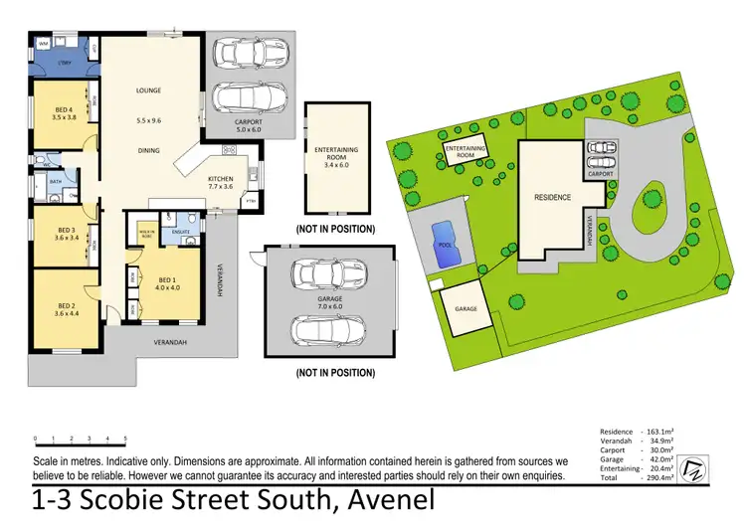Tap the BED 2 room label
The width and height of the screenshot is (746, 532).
(67, 305)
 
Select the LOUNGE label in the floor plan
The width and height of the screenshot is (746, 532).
(148, 90)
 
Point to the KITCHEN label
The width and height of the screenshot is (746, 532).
(220, 178)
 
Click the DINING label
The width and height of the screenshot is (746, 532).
(148, 151)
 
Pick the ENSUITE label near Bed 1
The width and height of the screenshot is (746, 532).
(181, 232)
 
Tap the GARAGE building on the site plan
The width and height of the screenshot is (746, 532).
(466, 309)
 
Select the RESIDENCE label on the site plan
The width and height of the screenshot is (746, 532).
(552, 197)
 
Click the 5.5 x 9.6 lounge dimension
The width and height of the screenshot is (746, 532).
(148, 120)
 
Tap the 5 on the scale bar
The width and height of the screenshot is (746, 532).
(125, 438)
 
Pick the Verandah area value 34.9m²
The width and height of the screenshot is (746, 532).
(658, 440)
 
